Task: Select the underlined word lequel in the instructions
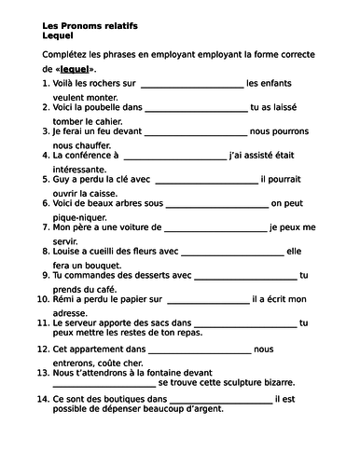(76, 70)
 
